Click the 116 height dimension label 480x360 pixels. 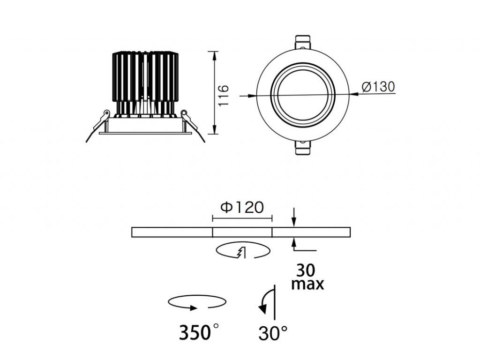[x=224, y=95]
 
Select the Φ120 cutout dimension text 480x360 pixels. [x=242, y=207]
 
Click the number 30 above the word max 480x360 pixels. [x=306, y=270]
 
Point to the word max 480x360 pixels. [x=307, y=284]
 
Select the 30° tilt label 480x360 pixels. [x=273, y=333]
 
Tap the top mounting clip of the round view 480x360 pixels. [x=302, y=41]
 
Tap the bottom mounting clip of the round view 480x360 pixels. [x=302, y=149]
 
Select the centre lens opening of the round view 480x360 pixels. [x=302, y=95]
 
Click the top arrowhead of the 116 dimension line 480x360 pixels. [x=215, y=55]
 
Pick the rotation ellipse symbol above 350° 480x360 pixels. [x=197, y=302]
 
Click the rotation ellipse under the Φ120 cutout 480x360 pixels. [x=243, y=251]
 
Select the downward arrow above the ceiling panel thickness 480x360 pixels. [x=294, y=218]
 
